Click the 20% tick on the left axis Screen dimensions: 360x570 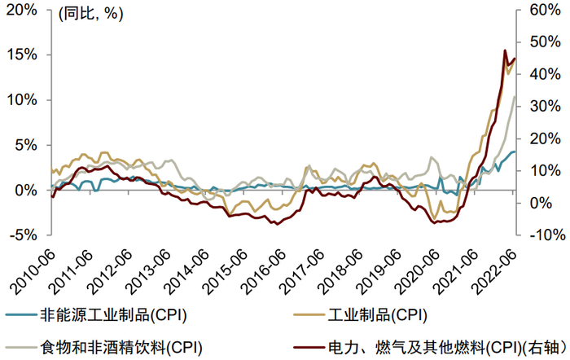[20, 11]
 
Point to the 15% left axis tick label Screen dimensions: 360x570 [20, 55]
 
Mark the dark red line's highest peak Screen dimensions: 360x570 [505, 50]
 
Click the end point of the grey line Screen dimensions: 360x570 [515, 98]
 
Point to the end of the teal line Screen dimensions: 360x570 [515, 151]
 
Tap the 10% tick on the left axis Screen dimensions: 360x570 [20, 100]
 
